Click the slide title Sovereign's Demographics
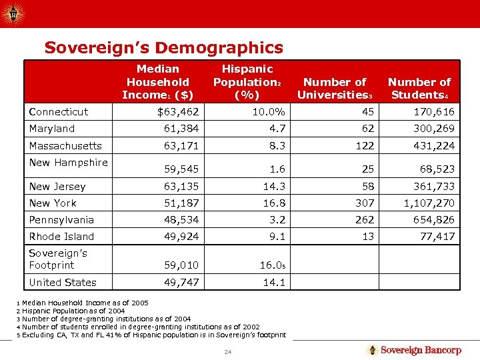pos(163,47)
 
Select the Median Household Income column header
pos(157,81)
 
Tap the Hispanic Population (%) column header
pos(247,81)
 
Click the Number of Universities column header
pos(335,88)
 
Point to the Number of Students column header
pos(420,88)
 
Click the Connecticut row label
pos(59,111)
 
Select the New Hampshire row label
pos(68,162)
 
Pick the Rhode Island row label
pos(61,236)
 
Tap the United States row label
pos(63,282)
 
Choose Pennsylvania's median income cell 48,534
pos(181,219)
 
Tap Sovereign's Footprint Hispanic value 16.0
pos(272,265)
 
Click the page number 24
pos(227,351)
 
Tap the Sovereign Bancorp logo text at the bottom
pos(421,350)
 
